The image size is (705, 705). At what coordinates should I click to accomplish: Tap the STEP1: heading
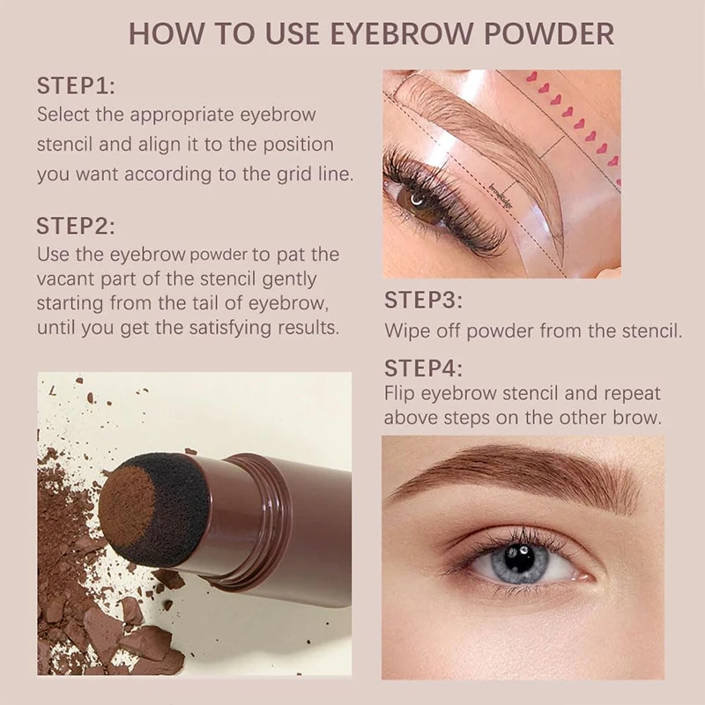point(76,86)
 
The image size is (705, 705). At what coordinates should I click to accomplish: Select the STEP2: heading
point(76,226)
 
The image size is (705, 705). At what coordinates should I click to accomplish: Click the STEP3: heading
point(424,301)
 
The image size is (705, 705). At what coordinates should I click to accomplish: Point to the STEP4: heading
point(424,368)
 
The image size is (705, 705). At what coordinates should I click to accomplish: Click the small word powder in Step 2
point(219,256)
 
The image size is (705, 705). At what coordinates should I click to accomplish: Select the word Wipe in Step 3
point(404,331)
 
